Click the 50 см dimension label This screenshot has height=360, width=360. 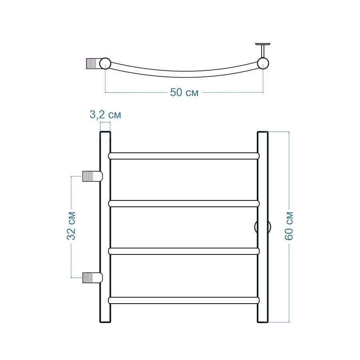(x=184, y=92)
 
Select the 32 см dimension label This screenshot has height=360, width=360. (x=71, y=226)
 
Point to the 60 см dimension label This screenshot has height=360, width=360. (x=289, y=226)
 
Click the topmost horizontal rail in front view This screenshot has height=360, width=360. (x=184, y=156)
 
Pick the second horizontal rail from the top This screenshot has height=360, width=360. (x=184, y=204)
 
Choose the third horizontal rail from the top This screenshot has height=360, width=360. (x=184, y=251)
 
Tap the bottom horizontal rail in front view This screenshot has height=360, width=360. (x=184, y=300)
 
